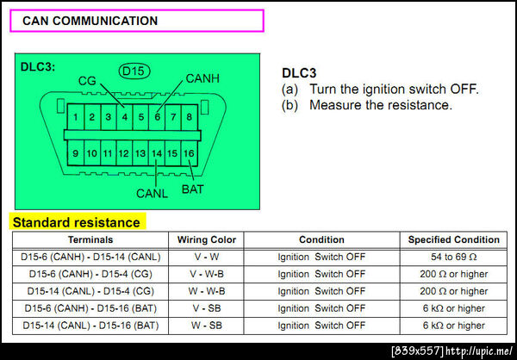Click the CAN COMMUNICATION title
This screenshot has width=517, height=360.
[x=90, y=21]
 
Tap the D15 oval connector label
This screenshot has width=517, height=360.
[x=134, y=71]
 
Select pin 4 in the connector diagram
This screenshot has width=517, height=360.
[x=125, y=117]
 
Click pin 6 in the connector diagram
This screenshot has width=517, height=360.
[x=157, y=117]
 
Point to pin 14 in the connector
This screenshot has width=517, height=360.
[x=157, y=153]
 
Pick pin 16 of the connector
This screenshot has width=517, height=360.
[x=190, y=153]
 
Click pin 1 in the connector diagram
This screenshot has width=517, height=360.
[x=76, y=117]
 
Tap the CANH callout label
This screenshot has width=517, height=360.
[x=202, y=78]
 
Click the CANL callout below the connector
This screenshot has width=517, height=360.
[x=152, y=194]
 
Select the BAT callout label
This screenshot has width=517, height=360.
[x=193, y=189]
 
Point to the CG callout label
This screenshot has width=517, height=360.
[x=87, y=81]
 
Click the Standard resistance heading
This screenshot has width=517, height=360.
[x=76, y=222]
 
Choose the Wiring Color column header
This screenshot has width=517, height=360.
[x=207, y=239]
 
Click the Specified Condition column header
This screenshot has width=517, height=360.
[x=454, y=239]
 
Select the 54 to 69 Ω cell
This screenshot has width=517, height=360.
[x=454, y=257]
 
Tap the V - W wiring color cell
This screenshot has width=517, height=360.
[x=207, y=257]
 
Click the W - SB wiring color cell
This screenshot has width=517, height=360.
[x=207, y=326]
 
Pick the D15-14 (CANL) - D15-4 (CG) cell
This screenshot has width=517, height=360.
[x=90, y=291]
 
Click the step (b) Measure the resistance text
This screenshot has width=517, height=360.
[x=367, y=105]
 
